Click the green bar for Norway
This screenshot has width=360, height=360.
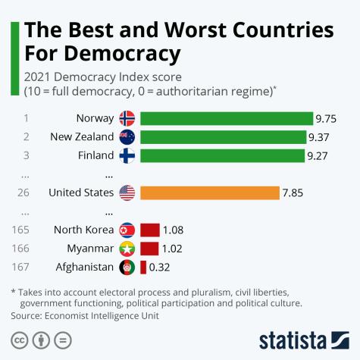(227, 118)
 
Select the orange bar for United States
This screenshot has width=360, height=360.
(209, 193)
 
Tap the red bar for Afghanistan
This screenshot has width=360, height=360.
(143, 267)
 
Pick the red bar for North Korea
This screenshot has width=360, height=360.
(149, 230)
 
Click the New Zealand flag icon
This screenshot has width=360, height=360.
(127, 137)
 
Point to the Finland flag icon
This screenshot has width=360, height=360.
(127, 155)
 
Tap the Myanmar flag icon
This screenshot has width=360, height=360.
(127, 248)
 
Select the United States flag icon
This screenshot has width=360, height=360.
(127, 193)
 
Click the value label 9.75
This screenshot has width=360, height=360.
(328, 118)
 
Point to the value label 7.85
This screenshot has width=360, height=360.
(293, 193)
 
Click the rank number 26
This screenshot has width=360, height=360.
(23, 193)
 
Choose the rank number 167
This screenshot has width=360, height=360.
(23, 267)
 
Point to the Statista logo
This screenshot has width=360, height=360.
(303, 339)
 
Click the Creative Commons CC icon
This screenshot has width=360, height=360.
(20, 339)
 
